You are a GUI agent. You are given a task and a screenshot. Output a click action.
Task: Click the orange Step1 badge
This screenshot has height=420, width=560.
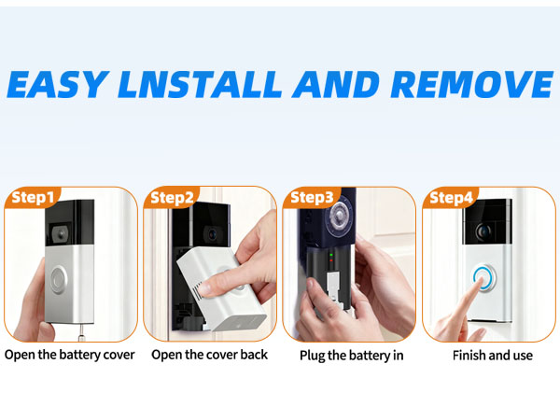coord(33,198)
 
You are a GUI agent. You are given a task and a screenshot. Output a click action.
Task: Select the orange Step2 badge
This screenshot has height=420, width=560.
coord(173,198)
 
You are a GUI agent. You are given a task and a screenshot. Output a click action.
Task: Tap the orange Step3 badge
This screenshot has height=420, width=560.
coord(312,198)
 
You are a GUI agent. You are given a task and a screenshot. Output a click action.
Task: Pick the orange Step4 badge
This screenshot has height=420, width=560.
coord(452,198)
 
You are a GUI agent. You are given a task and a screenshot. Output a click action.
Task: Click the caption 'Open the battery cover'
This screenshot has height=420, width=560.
coord(70,355)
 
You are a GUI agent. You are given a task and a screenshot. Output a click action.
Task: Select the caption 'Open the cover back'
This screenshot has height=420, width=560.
coord(209,355)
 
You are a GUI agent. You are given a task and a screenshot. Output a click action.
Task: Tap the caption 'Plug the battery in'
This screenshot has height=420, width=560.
coord(351,356)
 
